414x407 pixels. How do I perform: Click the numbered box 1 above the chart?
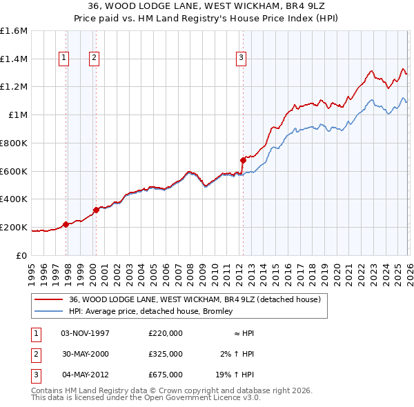point(63,59)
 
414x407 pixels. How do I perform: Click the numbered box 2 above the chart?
point(93,59)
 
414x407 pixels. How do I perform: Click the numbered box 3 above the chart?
point(241,59)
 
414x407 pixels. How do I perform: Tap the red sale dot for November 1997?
point(66,224)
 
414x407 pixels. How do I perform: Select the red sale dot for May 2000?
point(97,210)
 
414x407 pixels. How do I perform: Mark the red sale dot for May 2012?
point(243,160)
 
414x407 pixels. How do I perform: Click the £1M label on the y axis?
point(17,115)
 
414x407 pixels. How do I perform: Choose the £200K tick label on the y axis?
point(14,227)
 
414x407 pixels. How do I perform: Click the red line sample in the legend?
point(48,300)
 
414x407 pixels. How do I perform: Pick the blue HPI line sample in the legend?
point(48,312)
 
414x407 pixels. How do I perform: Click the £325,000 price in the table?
point(165,354)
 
